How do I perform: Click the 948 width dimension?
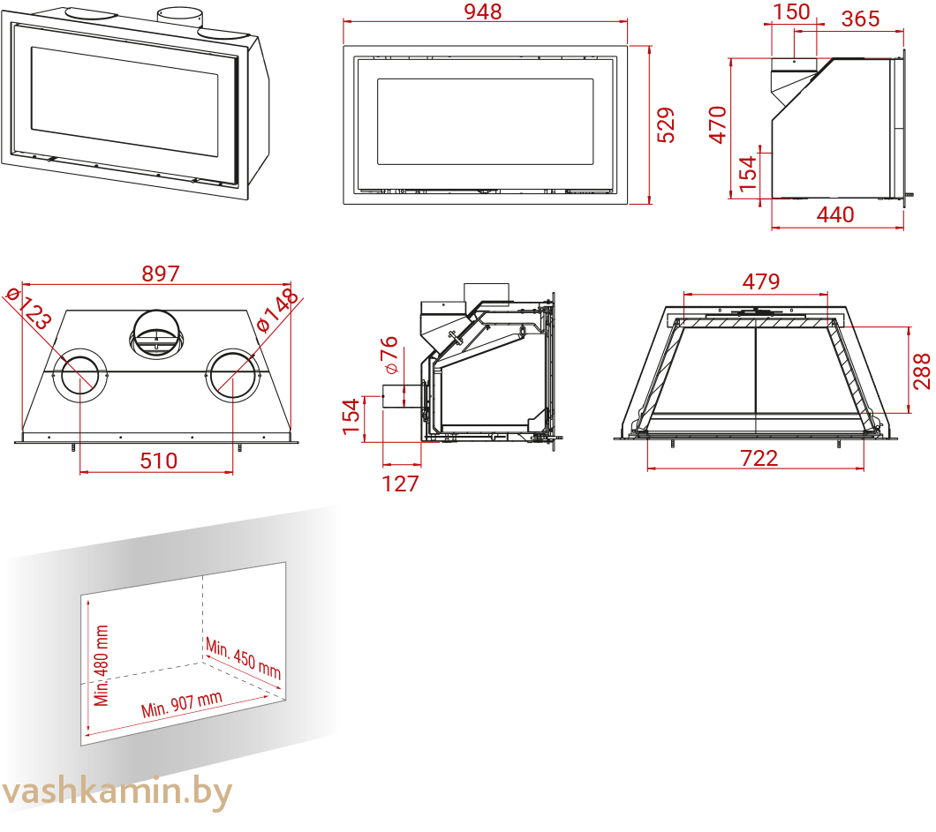[483, 11]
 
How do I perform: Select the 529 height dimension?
[666, 125]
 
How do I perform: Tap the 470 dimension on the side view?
[718, 124]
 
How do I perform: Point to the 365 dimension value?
[860, 19]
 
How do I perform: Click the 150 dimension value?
[791, 11]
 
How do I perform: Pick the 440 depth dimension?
[835, 214]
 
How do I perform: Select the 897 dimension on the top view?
[161, 274]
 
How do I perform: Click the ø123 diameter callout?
[28, 308]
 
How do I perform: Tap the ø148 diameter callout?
[277, 309]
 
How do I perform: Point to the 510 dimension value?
[159, 461]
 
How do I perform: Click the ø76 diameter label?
[389, 355]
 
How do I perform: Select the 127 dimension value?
[400, 483]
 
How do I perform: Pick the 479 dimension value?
[761, 281]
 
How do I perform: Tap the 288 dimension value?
[922, 371]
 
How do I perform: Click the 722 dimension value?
[759, 458]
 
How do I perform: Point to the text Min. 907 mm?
[182, 704]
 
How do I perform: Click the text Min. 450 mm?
[244, 658]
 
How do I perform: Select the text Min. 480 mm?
[102, 665]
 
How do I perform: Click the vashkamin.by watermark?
[117, 791]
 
